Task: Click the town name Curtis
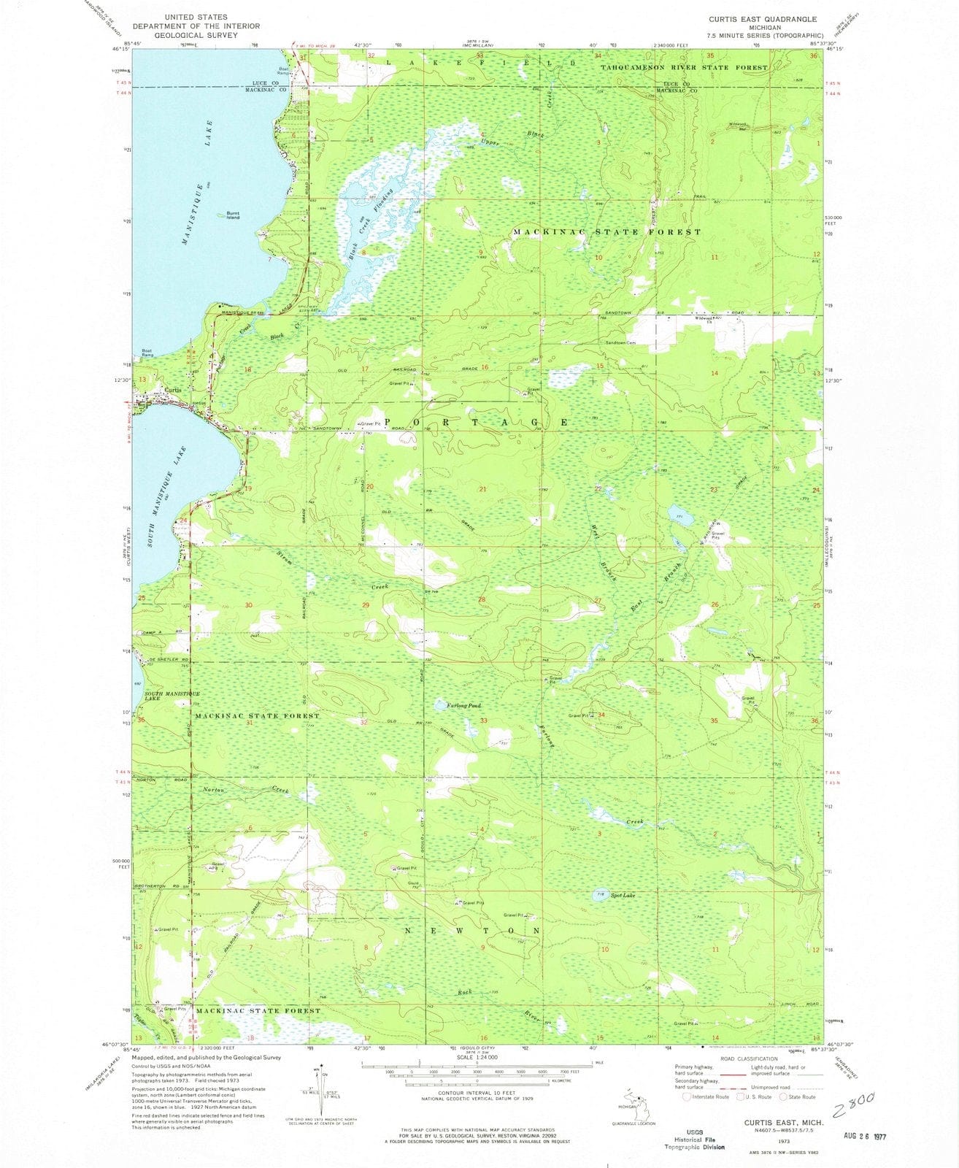[x=172, y=390]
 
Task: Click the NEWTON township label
[x=471, y=931]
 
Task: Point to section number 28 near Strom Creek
[x=481, y=599]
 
